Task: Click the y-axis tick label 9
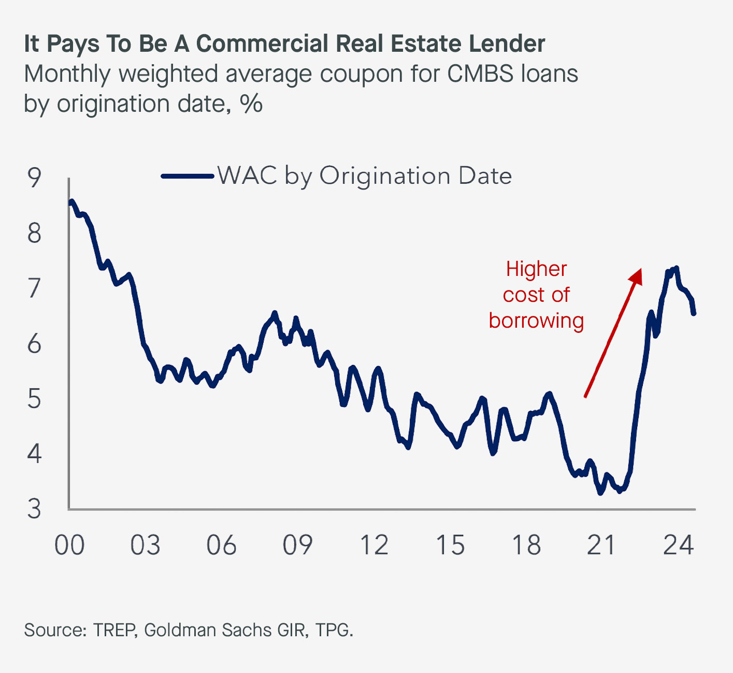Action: pos(34,178)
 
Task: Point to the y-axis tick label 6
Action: pos(34,343)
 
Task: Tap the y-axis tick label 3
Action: pos(34,509)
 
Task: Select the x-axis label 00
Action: pos(69,545)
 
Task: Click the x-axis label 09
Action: pos(297,545)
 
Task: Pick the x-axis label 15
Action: pos(450,545)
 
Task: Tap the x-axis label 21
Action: pos(601,545)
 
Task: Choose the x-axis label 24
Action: pos(678,545)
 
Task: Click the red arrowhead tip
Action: pos(640,270)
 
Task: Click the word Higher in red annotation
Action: pos(536,269)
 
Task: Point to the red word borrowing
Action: pos(536,321)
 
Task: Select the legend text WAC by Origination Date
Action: pos(365,176)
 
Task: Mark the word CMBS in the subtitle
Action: pos(474,74)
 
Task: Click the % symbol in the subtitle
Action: pos(251,104)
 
